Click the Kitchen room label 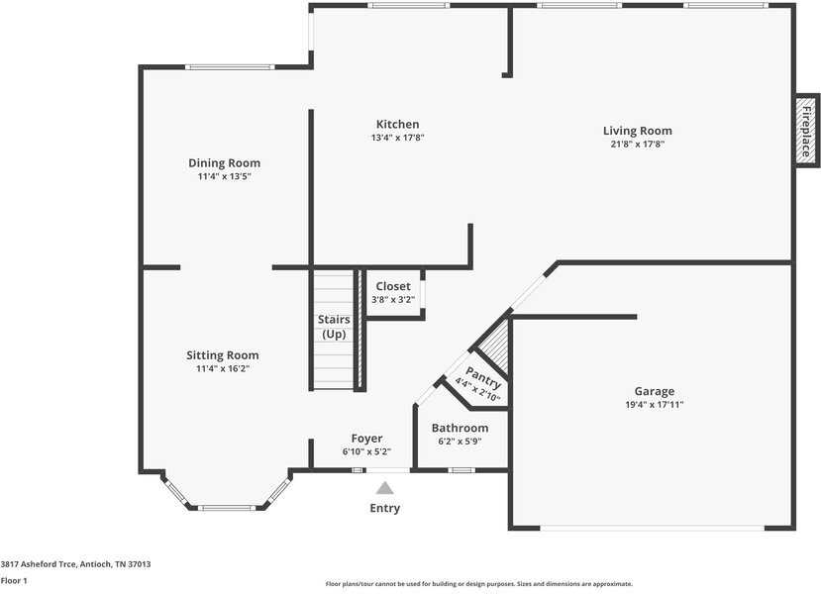[x=397, y=125]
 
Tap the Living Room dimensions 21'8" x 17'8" [x=637, y=144]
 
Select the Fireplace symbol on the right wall [x=806, y=131]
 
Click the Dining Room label [x=224, y=163]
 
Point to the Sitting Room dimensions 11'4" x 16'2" [x=223, y=368]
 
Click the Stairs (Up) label [x=333, y=327]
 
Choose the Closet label [x=392, y=287]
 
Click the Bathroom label [x=460, y=429]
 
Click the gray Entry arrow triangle [x=384, y=487]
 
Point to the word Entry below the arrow [x=384, y=508]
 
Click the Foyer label [x=366, y=439]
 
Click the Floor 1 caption [x=14, y=580]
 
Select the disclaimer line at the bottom [x=478, y=584]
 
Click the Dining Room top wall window [x=229, y=67]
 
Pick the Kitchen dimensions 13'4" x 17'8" [x=396, y=138]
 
